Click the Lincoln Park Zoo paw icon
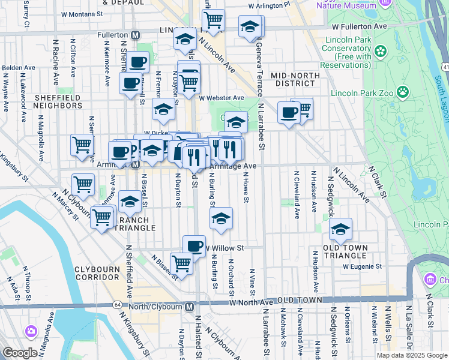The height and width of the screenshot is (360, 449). pyautogui.click(x=403, y=92)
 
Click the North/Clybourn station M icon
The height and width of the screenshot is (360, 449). pyautogui.click(x=189, y=307)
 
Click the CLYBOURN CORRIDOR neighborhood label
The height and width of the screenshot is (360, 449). pyautogui.click(x=97, y=274)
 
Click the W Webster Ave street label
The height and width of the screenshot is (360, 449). pyautogui.click(x=221, y=98)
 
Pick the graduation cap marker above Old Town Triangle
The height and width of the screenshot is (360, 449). pyautogui.click(x=340, y=229)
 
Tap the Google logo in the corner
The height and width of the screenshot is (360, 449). pyautogui.click(x=20, y=353)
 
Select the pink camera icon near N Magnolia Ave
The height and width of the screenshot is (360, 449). pyautogui.click(x=31, y=331)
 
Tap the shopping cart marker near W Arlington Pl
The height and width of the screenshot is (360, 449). pyautogui.click(x=213, y=20)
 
